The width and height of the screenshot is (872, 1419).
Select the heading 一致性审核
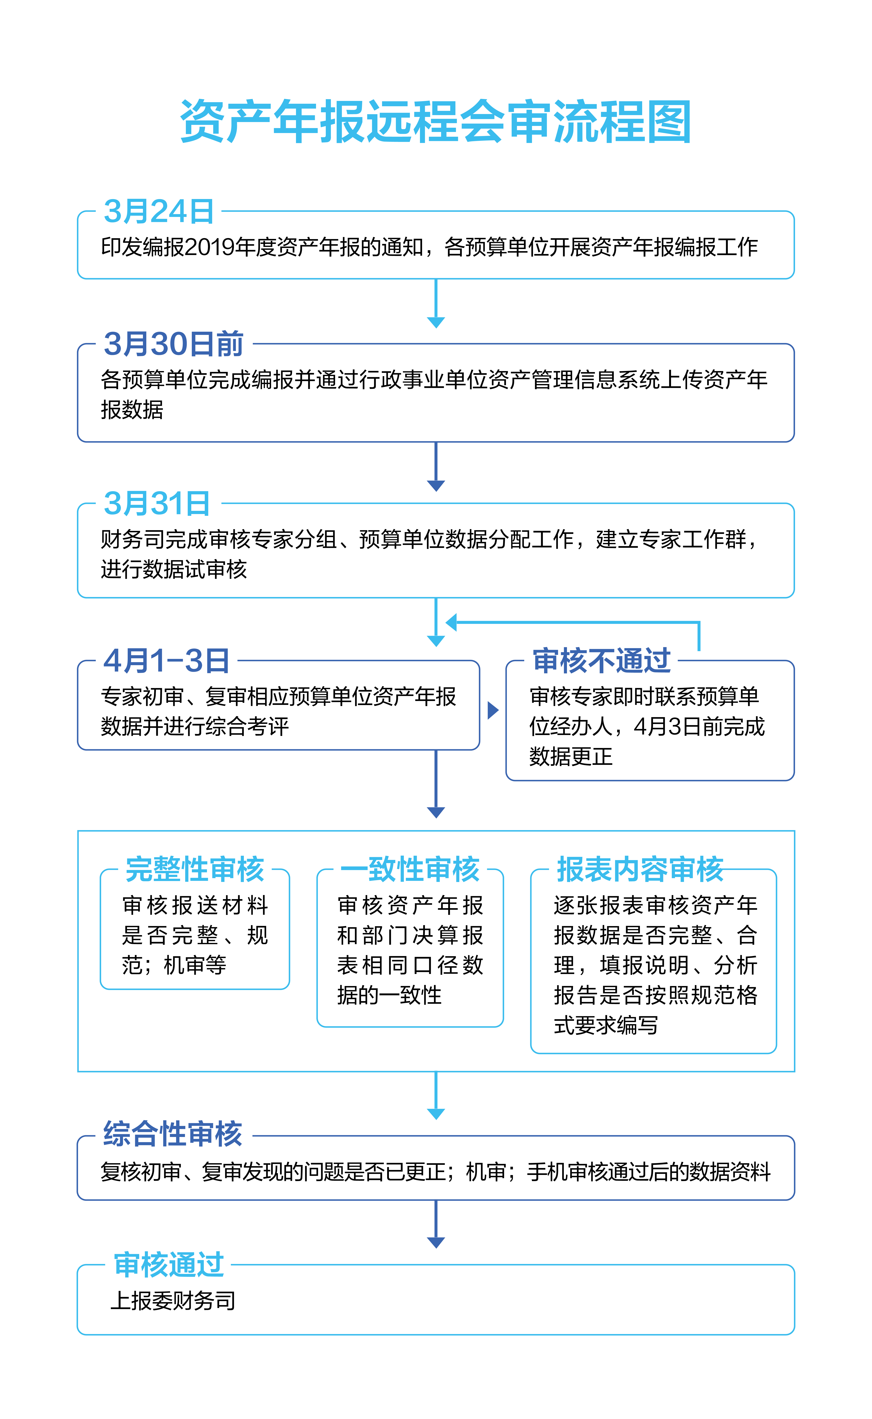coord(410,869)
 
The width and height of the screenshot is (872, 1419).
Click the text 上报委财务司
coord(172,1301)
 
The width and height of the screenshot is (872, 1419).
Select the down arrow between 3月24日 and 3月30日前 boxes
coord(436,304)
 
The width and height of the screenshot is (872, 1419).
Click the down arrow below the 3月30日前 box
coord(436,467)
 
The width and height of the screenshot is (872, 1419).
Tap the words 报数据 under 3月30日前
coord(132,410)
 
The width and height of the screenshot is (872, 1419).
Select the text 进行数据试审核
coord(174,569)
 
